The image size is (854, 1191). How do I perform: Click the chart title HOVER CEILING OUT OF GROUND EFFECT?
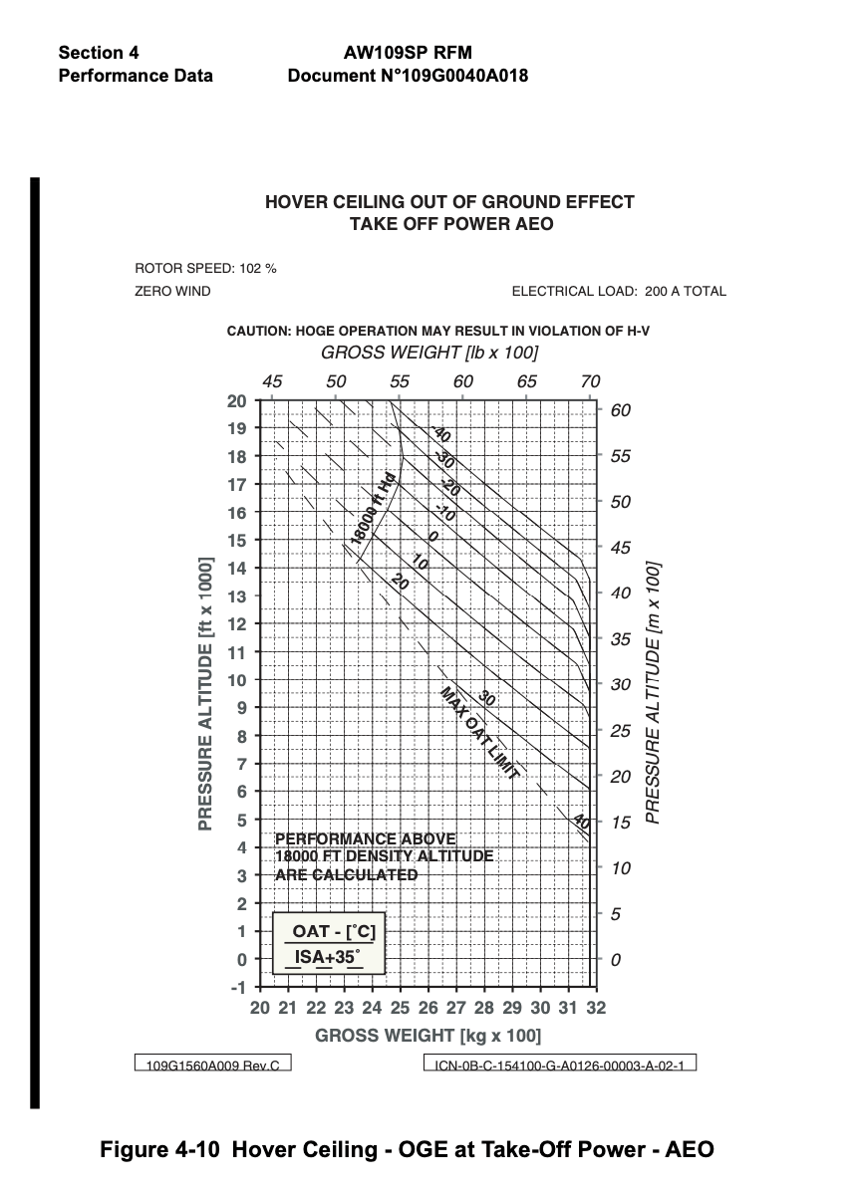click(449, 202)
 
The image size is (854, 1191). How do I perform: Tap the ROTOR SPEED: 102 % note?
click(205, 268)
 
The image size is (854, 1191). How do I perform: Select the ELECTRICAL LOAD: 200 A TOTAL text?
click(619, 292)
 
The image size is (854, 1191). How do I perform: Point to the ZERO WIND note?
click(172, 292)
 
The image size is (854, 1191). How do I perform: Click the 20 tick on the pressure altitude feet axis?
click(237, 401)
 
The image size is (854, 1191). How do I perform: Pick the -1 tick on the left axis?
click(238, 988)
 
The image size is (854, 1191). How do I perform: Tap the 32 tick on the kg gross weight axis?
click(596, 1009)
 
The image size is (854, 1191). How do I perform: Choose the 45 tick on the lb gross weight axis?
click(272, 381)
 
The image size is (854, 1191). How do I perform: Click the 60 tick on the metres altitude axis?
click(620, 410)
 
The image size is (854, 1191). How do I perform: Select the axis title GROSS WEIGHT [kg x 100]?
click(428, 1037)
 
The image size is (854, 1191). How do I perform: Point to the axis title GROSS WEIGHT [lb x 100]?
click(429, 354)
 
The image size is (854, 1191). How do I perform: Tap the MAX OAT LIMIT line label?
click(480, 732)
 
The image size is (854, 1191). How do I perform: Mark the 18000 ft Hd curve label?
click(374, 509)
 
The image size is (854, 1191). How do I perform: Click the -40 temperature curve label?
click(440, 435)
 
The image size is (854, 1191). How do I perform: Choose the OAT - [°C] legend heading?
click(333, 932)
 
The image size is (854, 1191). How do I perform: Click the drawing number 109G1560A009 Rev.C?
click(212, 1065)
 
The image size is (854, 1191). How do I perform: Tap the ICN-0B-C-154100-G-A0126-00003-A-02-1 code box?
click(559, 1065)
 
